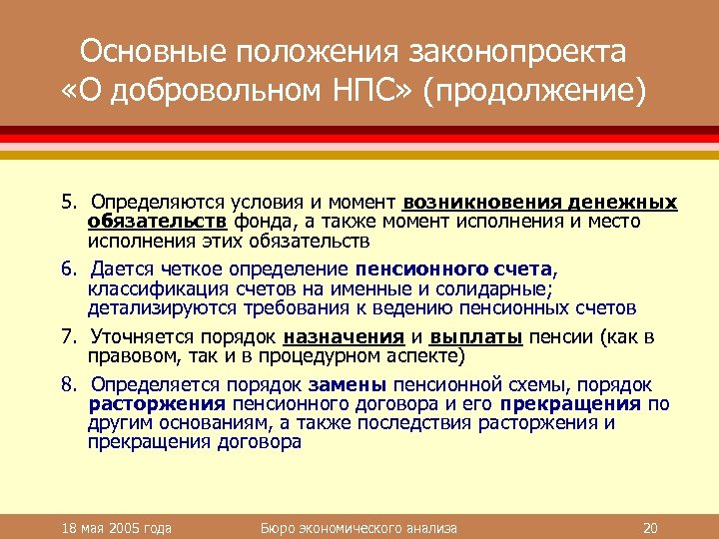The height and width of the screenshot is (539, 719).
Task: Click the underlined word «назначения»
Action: (x=344, y=337)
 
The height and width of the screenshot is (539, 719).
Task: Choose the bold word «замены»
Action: (x=349, y=385)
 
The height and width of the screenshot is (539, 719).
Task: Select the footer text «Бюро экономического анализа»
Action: (x=357, y=527)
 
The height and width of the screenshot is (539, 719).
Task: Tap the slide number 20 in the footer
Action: (x=652, y=527)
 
